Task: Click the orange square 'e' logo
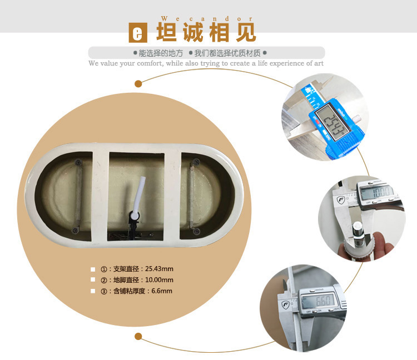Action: click(x=138, y=33)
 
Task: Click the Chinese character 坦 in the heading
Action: click(x=166, y=32)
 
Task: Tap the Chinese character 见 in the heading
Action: click(x=246, y=32)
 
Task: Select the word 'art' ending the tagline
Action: click(x=319, y=63)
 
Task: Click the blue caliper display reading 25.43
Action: click(x=332, y=121)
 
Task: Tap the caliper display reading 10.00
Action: click(x=377, y=192)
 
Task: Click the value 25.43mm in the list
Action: click(x=159, y=269)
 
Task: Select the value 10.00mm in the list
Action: click(x=159, y=280)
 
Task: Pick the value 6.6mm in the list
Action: click(x=162, y=291)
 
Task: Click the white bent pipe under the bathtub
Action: click(x=140, y=193)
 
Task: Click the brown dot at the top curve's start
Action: click(x=138, y=84)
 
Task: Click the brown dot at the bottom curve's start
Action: click(x=138, y=336)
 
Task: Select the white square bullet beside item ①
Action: click(x=93, y=269)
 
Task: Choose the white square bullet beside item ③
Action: click(x=93, y=291)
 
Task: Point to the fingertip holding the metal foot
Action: click(x=383, y=241)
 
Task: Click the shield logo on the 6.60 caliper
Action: click(x=285, y=305)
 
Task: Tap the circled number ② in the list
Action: click(x=104, y=281)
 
